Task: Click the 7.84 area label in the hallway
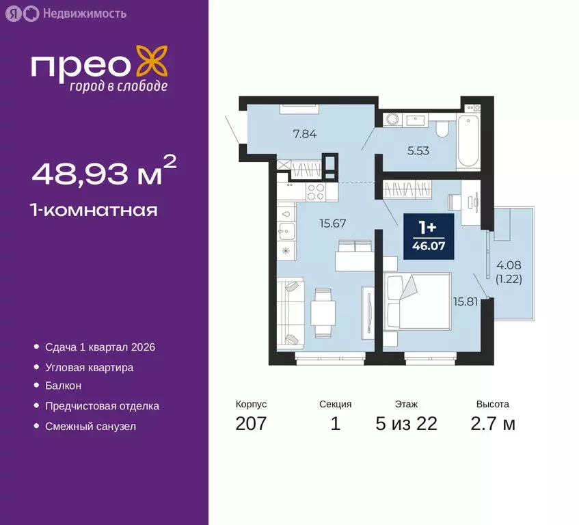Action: coord(304,134)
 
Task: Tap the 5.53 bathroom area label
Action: coord(418,150)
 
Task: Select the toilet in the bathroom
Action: coord(442,127)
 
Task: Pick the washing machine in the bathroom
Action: coord(392,120)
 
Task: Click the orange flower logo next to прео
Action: coord(152,61)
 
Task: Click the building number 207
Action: coord(250,424)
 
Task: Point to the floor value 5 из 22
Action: coord(406,424)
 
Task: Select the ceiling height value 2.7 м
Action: coord(492,424)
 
